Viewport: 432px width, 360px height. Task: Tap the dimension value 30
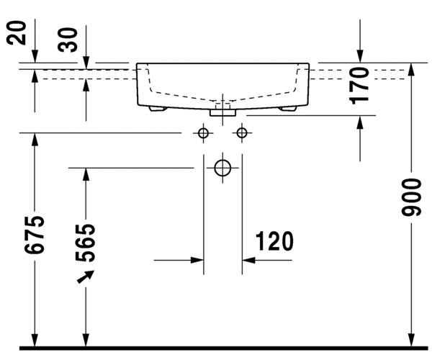(68, 40)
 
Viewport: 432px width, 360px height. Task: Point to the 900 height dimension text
(411, 198)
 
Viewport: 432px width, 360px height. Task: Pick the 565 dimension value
(86, 243)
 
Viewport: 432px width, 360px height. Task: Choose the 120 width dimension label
(273, 242)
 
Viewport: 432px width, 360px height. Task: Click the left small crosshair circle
(203, 133)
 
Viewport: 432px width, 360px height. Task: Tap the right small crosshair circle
(241, 133)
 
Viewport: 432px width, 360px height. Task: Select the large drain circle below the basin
(222, 168)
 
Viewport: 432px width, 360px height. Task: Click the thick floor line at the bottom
(216, 348)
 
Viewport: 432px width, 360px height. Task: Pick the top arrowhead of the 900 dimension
(411, 69)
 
